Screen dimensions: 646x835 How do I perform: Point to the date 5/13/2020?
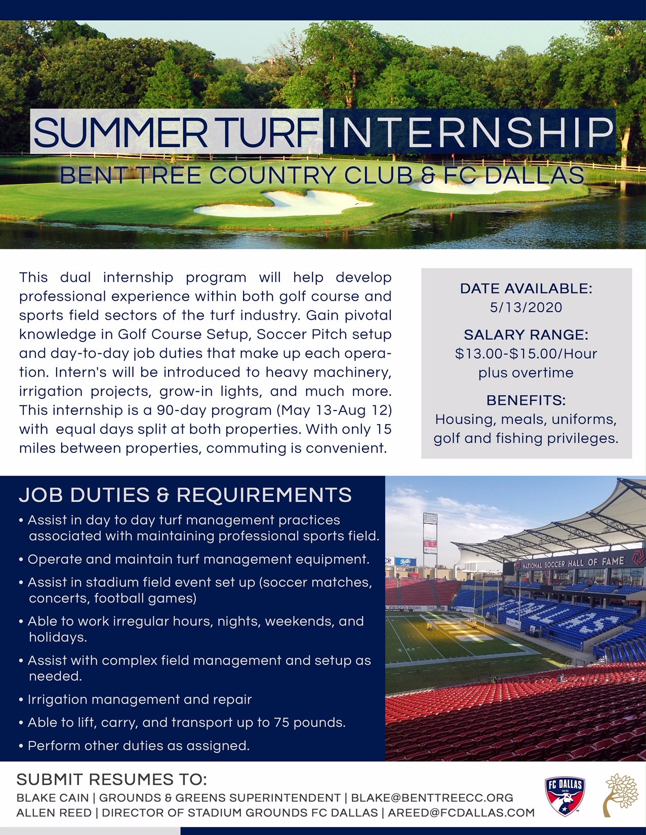coord(526,307)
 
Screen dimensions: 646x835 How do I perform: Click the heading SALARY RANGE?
coord(526,335)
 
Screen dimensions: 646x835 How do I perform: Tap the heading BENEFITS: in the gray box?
coord(526,400)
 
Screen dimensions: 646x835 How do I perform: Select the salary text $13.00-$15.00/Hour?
coord(526,354)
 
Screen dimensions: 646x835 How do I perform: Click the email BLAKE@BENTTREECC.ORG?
coord(432,798)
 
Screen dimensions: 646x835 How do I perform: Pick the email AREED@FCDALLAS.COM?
coord(461,813)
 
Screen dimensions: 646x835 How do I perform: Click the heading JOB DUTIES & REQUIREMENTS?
coord(185,495)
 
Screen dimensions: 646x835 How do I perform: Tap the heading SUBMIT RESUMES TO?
coord(112,780)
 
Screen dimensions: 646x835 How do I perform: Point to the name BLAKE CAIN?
coord(53,798)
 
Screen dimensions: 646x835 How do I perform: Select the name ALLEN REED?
coord(54,813)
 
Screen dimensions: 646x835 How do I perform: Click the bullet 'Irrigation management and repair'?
coord(140,699)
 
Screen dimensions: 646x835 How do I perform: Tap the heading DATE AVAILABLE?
coord(526,288)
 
